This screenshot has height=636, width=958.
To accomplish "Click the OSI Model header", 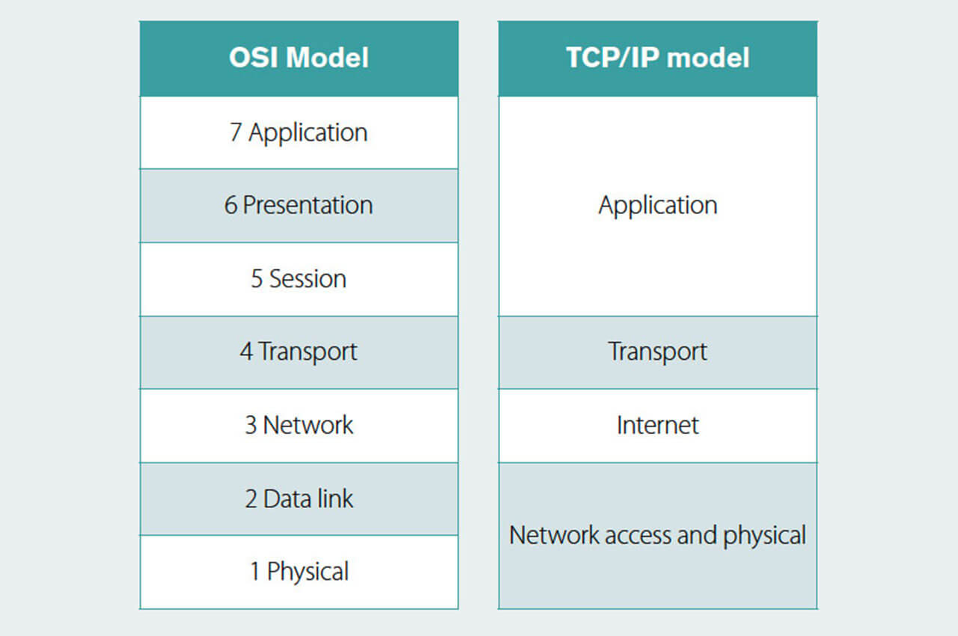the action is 299,58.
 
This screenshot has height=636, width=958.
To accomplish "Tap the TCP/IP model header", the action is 658,58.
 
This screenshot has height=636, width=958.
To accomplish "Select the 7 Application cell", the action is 299,132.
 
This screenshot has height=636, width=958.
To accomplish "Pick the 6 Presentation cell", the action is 299,206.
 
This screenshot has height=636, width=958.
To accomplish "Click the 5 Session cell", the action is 299,279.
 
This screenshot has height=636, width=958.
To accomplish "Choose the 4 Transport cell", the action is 299,352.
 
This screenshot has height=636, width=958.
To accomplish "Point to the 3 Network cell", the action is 299,426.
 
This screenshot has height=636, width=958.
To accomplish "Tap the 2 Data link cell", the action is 299,499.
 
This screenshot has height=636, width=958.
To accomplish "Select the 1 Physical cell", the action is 299,572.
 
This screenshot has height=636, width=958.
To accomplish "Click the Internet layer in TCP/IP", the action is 658,426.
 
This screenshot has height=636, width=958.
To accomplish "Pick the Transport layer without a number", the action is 658,352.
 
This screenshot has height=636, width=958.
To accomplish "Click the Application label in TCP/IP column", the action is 658,206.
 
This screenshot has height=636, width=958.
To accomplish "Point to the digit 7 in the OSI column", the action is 236,132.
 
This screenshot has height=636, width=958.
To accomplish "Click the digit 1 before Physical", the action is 255,572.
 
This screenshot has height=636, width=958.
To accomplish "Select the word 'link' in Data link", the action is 335,498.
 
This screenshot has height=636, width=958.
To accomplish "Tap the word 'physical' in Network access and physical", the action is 765,536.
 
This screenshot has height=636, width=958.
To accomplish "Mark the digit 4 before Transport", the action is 246,352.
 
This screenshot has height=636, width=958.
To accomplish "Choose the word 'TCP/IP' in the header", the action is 612,58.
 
